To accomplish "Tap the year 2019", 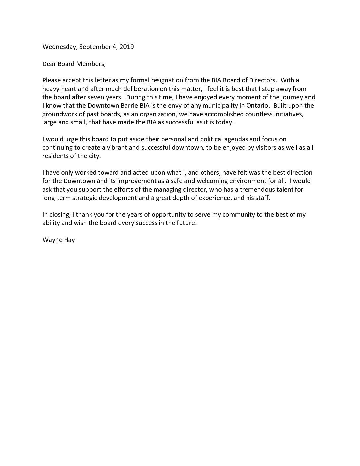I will click(x=127, y=47).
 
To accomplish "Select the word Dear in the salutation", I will click(x=49, y=64).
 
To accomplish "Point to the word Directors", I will click(x=263, y=80).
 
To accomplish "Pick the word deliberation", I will click(x=128, y=89).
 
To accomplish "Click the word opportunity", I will click(x=169, y=214).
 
